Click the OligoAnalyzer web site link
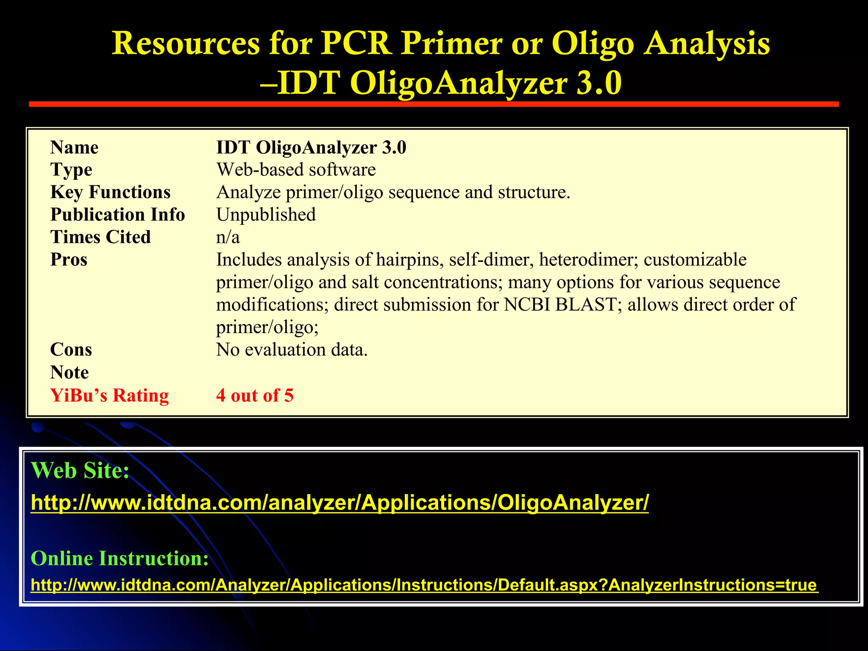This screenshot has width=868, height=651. tap(339, 503)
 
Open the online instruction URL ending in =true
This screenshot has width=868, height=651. tap(424, 585)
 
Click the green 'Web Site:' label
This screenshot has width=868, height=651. tap(80, 470)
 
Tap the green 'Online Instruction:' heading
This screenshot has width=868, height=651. tap(120, 558)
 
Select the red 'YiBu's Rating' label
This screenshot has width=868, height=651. tap(109, 395)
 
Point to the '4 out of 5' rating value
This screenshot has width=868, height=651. tap(255, 395)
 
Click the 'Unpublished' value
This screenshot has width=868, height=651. tap(266, 214)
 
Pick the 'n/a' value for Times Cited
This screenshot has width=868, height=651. tap(228, 237)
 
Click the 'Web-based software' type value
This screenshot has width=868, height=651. tap(296, 170)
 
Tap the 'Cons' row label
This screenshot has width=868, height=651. tap(71, 350)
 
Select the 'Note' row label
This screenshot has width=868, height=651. tap(70, 372)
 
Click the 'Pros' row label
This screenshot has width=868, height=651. tap(69, 259)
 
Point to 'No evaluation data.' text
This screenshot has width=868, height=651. tap(292, 350)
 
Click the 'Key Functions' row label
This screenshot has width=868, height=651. tap(110, 192)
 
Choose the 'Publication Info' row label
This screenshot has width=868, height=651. tap(117, 214)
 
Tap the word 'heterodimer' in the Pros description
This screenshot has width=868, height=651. tap(588, 259)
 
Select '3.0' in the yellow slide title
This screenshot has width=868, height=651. tap(598, 83)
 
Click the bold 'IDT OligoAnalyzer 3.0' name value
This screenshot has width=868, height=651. tap(311, 147)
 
